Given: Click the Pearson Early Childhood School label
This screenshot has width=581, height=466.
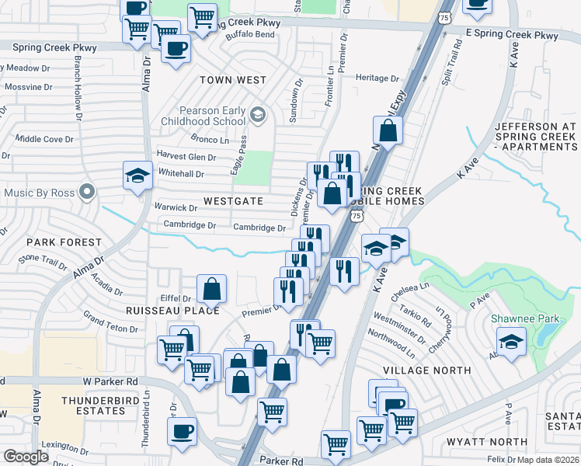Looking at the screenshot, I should (x=203, y=116).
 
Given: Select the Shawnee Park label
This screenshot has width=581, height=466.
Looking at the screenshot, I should (x=514, y=318).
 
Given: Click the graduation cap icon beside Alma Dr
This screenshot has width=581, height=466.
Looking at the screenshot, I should (x=137, y=175).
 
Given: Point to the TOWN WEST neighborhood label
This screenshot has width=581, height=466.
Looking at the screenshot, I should (x=232, y=80).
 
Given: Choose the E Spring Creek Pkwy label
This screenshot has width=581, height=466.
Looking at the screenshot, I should (x=512, y=36).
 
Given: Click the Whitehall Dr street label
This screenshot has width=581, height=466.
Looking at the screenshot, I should (x=180, y=174).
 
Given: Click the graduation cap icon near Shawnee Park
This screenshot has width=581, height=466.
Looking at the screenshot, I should (x=511, y=341).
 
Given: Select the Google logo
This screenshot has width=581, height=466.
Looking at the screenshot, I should (x=26, y=457).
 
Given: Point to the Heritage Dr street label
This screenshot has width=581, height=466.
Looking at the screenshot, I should (x=377, y=78).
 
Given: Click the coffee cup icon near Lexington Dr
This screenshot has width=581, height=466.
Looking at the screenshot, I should (x=182, y=431).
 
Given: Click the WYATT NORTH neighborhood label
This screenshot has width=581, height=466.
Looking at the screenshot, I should (x=476, y=442).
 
